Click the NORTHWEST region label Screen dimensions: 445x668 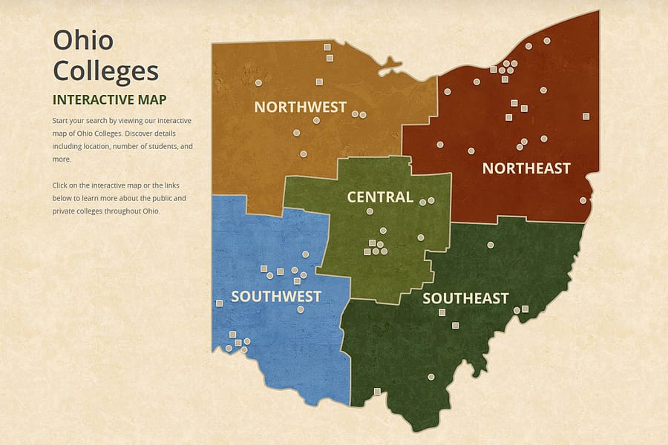pyautogui.click(x=300, y=107)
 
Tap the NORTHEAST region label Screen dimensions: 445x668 pyautogui.click(x=526, y=168)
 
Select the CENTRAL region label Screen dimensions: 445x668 pyautogui.click(x=380, y=197)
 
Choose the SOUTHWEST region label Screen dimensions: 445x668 pyautogui.click(x=275, y=297)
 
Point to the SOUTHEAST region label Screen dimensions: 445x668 pyautogui.click(x=465, y=298)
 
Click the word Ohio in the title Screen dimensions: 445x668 pyautogui.click(x=84, y=40)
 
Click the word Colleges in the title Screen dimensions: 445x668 pyautogui.click(x=105, y=71)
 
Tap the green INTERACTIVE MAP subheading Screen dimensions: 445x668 pyautogui.click(x=109, y=99)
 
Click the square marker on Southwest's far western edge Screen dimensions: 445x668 pyautogui.click(x=219, y=303)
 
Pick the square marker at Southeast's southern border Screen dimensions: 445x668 pyautogui.click(x=377, y=391)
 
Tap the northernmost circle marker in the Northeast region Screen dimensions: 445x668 pyautogui.click(x=547, y=41)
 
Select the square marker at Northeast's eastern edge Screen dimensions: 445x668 pyautogui.click(x=586, y=116)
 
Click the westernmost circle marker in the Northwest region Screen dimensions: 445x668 pyautogui.click(x=259, y=82)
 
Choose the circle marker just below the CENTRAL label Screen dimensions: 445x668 pyautogui.click(x=370, y=211)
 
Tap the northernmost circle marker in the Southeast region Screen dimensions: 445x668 pyautogui.click(x=490, y=245)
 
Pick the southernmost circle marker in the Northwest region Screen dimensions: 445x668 pyautogui.click(x=303, y=154)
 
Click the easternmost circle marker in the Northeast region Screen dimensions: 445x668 pyautogui.click(x=583, y=200)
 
